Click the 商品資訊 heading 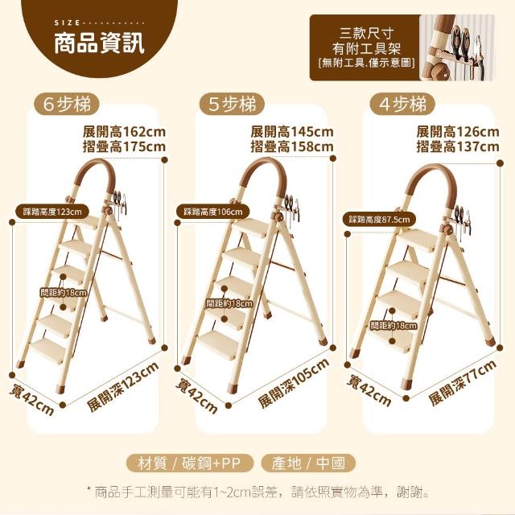(99, 43)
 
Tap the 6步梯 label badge (66, 105)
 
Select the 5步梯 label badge (233, 105)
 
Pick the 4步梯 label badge (402, 105)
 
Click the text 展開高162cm (124, 132)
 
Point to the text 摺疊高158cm (292, 146)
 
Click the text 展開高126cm (458, 132)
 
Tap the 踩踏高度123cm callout (52, 212)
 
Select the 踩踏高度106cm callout (212, 212)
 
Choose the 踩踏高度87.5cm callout (379, 220)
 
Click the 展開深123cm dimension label (123, 386)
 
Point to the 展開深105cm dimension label (293, 383)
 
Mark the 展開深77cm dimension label (462, 382)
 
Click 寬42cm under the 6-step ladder (31, 400)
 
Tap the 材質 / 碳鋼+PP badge (190, 463)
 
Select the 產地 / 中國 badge (308, 463)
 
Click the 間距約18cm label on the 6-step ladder (64, 292)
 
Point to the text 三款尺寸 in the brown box (366, 34)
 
